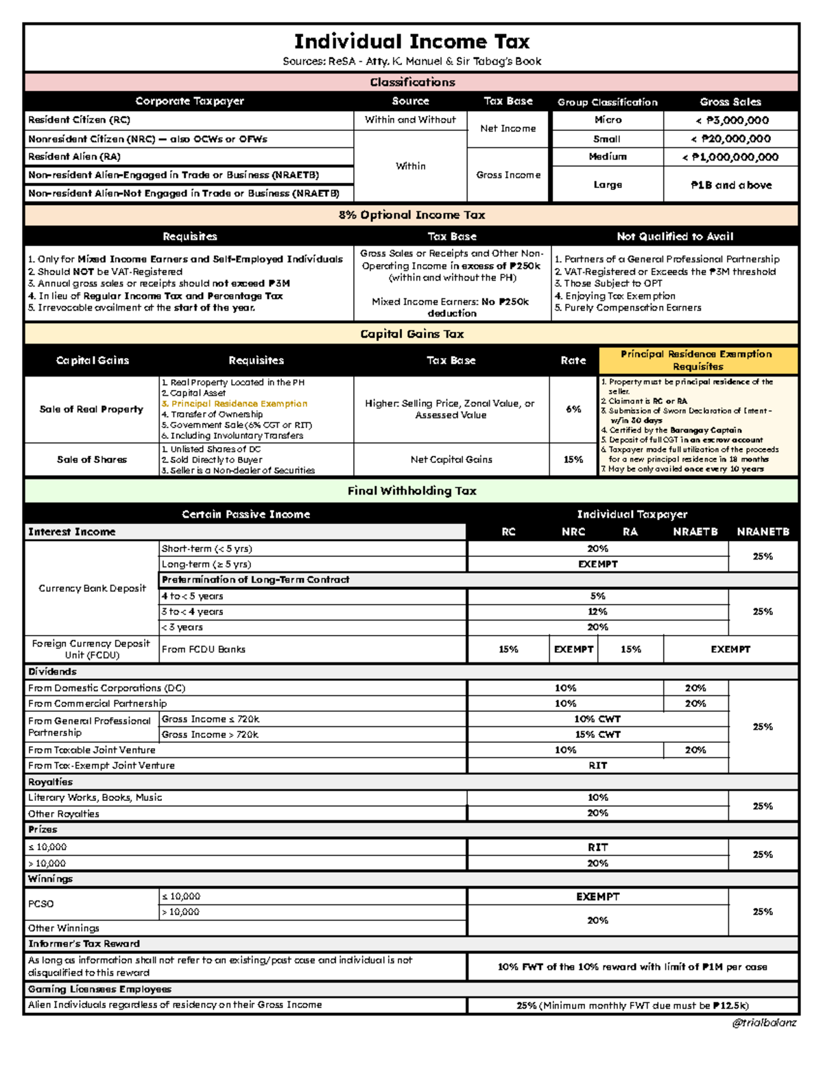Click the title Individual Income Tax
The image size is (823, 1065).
(411, 41)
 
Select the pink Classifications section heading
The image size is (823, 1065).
(411, 82)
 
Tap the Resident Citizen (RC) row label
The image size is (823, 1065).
(79, 120)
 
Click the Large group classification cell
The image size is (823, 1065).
(608, 184)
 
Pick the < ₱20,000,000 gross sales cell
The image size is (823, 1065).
(730, 139)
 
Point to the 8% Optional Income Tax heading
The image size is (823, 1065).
(411, 215)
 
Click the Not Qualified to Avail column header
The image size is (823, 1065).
(675, 236)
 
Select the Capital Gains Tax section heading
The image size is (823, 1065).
(411, 334)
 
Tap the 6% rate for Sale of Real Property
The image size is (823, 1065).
(573, 409)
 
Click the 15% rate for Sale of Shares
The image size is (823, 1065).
(573, 459)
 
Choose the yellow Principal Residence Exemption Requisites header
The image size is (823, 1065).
(697, 360)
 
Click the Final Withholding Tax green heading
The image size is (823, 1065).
(411, 490)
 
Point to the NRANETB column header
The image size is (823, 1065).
(763, 531)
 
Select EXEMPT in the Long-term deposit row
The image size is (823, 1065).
(597, 564)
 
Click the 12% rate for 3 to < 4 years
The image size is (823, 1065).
(597, 612)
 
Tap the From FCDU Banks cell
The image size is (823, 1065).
(204, 649)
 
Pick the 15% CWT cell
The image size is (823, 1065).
(597, 734)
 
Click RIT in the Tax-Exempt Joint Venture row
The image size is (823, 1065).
(597, 765)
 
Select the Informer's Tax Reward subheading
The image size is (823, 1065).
(84, 944)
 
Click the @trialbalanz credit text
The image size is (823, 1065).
(763, 1022)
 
